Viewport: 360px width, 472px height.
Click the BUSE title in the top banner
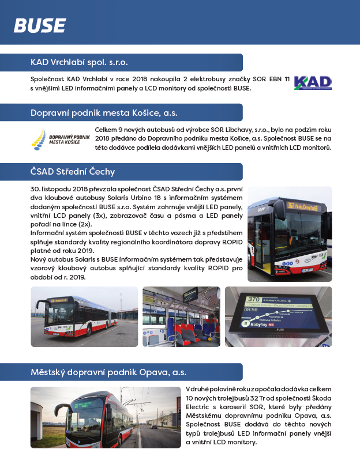click(39, 25)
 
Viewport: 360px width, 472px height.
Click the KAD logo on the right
click(313, 83)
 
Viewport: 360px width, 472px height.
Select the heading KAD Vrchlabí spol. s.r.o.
click(79, 62)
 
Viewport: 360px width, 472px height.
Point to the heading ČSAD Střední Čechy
click(73, 171)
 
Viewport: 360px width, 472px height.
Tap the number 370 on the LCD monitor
click(253, 299)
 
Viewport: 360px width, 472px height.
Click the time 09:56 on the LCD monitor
click(252, 309)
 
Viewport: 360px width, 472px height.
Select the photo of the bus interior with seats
click(181, 316)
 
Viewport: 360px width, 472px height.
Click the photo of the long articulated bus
click(84, 316)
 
